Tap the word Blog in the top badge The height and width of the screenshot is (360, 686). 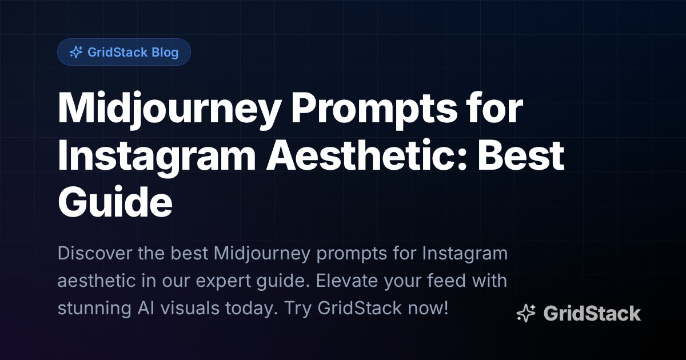pos(165,53)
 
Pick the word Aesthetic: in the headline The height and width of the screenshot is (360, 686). pos(358,156)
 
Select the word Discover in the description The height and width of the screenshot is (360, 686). pos(94,253)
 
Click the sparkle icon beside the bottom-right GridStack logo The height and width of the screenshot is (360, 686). pos(526,313)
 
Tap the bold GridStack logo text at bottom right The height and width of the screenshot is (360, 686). pos(592,313)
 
